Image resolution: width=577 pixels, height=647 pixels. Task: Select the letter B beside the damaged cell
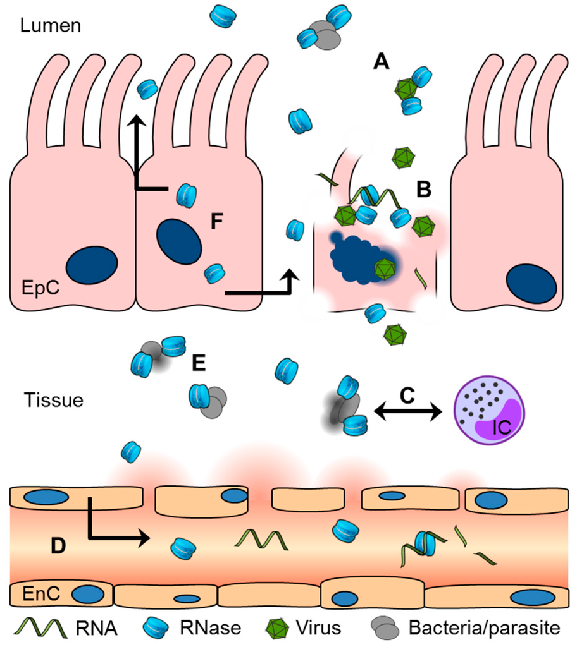click(x=424, y=188)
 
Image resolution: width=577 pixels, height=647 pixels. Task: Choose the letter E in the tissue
click(x=199, y=363)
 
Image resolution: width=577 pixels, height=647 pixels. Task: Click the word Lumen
click(x=50, y=26)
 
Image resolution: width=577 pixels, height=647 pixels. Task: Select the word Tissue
click(x=54, y=400)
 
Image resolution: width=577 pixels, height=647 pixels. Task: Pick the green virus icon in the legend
click(x=274, y=628)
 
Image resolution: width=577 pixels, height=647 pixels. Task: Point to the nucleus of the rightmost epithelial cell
click(x=530, y=283)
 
